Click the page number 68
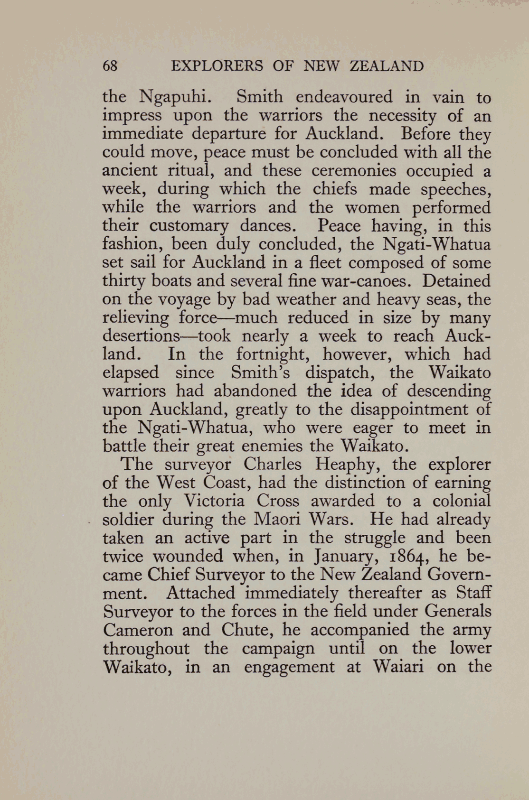[x=110, y=65]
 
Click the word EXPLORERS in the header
[x=217, y=65]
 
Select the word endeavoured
[x=344, y=97]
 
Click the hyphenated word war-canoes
[x=362, y=281]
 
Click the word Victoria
[x=215, y=501]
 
